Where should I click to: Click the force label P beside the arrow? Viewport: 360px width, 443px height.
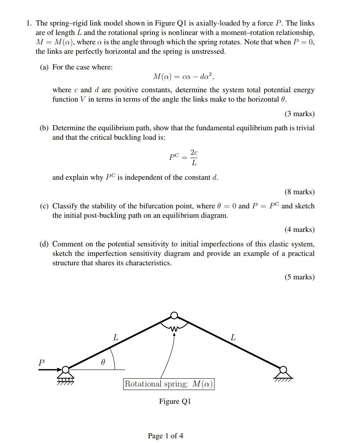click(x=41, y=363)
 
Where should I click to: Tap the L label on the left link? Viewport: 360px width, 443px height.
click(x=115, y=337)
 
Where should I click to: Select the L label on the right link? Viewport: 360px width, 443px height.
click(x=233, y=337)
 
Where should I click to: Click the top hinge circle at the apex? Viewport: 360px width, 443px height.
click(x=175, y=315)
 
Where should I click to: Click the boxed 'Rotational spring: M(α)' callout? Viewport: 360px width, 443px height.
click(x=169, y=384)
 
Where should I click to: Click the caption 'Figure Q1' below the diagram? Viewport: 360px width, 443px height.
click(x=175, y=401)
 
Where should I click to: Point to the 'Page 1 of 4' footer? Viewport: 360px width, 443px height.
click(x=165, y=436)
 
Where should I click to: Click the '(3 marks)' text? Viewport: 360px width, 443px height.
click(x=299, y=114)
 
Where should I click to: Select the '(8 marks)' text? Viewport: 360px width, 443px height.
click(x=299, y=192)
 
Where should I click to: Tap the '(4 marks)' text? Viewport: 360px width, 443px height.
click(x=299, y=230)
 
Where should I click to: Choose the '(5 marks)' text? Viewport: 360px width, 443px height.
click(x=299, y=277)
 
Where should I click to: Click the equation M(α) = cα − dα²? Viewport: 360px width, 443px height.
click(x=183, y=76)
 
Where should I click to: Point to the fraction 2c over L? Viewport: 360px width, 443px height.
click(x=194, y=157)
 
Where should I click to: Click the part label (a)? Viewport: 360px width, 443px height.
click(x=44, y=67)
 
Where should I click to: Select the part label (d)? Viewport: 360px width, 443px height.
click(x=44, y=244)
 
